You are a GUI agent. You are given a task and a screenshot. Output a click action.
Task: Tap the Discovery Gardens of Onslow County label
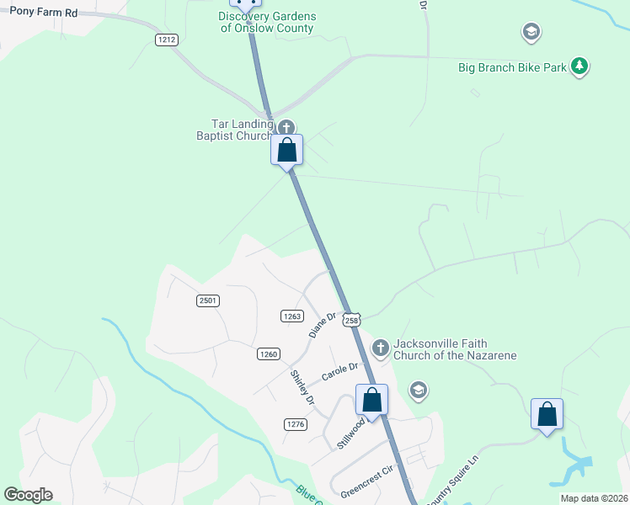[266, 22]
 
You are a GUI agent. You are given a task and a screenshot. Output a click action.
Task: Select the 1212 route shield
[166, 40]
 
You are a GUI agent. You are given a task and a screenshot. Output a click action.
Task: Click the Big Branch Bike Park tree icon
[579, 66]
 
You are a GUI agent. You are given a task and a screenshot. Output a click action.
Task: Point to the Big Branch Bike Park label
[512, 67]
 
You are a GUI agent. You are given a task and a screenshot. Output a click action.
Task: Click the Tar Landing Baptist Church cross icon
[286, 128]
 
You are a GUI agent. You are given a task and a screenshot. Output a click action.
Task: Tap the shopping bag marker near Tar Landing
[287, 151]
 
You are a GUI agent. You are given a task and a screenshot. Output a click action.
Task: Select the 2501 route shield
[208, 300]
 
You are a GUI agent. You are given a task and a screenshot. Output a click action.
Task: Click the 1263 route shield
[291, 316]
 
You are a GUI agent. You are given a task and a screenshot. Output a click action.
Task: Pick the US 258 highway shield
[353, 320]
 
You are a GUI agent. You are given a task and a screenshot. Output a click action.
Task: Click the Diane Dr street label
[322, 325]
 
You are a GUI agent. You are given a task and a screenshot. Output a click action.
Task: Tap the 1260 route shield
[268, 354]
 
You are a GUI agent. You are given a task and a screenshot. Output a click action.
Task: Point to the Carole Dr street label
[340, 369]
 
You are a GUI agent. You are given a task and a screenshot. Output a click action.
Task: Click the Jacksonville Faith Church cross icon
[381, 347]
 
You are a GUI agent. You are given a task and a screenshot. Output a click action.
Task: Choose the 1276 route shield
[295, 424]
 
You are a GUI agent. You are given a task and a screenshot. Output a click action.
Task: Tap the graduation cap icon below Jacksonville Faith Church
[418, 390]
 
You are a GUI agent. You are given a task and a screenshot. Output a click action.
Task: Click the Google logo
[28, 495]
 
